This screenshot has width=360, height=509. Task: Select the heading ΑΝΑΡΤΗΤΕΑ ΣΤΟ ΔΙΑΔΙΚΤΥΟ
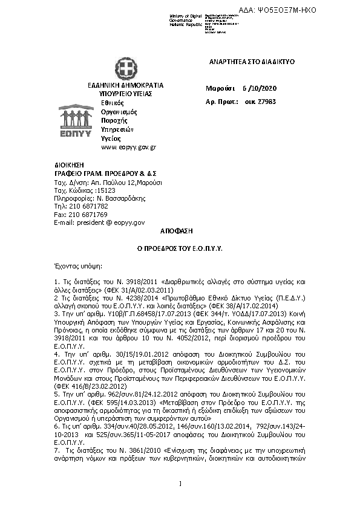click(x=243, y=62)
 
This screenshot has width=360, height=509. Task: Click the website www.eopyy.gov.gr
click(x=129, y=147)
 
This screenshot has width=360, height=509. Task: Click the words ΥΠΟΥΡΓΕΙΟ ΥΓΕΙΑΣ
click(x=125, y=94)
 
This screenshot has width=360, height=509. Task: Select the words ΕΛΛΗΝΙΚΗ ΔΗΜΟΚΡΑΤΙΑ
click(x=125, y=86)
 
